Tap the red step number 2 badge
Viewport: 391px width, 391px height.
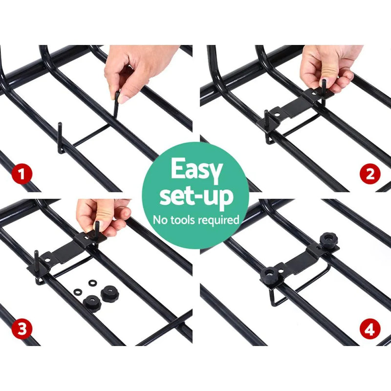(x=370, y=174)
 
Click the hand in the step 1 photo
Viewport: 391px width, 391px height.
(x=139, y=68)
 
